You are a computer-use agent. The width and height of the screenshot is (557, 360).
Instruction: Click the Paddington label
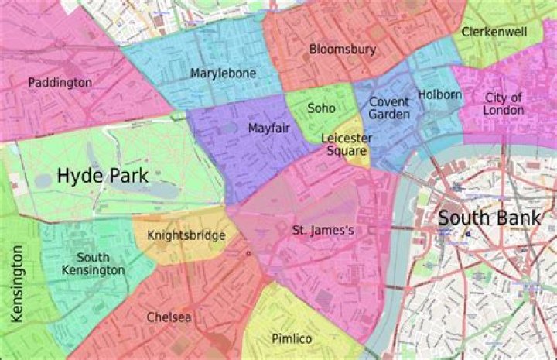point(60,82)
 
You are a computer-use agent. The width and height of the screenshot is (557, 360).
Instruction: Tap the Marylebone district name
point(223,74)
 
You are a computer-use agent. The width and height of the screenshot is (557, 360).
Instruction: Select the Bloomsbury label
point(342,50)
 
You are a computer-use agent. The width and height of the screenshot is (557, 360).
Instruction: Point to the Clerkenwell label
point(494,32)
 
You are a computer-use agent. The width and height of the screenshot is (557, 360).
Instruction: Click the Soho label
point(321,108)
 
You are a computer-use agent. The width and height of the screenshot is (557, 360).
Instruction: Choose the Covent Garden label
point(388,108)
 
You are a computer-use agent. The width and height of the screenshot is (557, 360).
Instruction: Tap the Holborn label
point(439,94)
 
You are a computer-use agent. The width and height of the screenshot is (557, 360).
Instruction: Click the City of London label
point(504,104)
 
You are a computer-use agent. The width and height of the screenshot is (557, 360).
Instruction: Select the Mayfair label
point(269,129)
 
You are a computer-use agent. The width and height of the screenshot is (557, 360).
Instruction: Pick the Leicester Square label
point(347,144)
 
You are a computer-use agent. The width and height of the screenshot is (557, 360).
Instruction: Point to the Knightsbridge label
point(186,235)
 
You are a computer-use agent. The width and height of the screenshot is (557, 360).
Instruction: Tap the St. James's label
point(323,231)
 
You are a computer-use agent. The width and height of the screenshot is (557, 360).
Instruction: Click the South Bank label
point(489,218)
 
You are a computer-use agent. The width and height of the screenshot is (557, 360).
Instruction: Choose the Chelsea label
point(169,317)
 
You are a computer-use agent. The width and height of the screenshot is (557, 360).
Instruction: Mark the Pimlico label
point(292,339)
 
